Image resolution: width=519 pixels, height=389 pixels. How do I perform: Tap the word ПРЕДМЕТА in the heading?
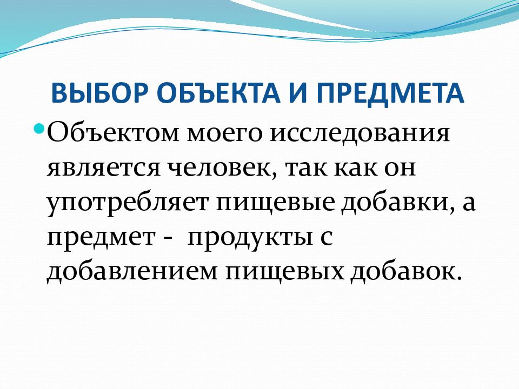click(390, 93)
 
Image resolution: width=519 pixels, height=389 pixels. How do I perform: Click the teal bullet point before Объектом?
click(39, 128)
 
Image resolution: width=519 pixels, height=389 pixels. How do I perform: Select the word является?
click(104, 169)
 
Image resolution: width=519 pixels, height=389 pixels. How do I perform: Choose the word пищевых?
click(285, 272)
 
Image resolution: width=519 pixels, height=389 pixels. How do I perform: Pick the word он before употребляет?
click(400, 169)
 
